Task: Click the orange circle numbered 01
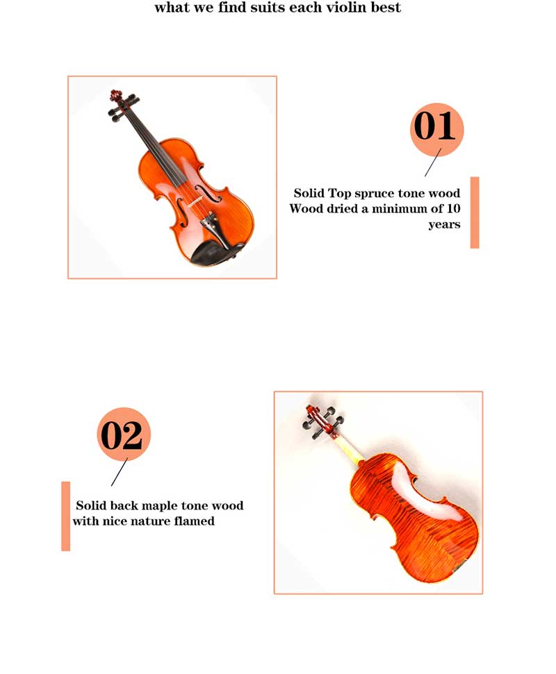click(x=436, y=129)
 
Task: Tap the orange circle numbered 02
click(x=124, y=434)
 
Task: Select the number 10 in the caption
click(x=453, y=208)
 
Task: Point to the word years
click(x=445, y=225)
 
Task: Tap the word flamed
click(x=194, y=521)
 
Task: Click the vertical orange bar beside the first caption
click(x=475, y=212)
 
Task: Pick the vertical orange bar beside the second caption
click(x=66, y=516)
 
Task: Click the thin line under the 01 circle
click(x=433, y=162)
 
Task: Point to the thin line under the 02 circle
click(x=120, y=472)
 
